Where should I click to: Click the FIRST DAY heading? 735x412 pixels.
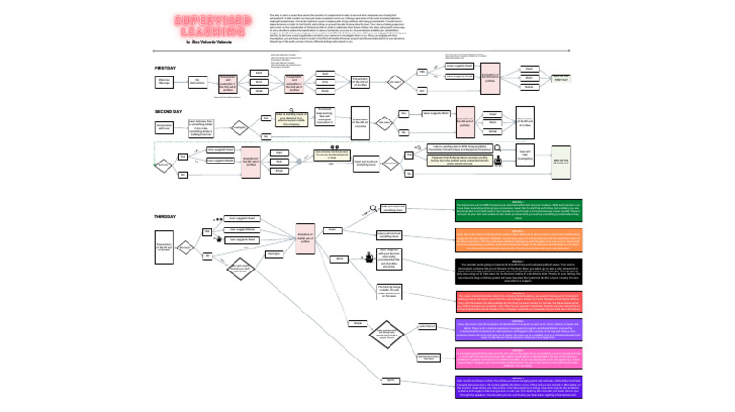click(166, 69)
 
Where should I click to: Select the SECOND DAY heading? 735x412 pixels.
click(168, 112)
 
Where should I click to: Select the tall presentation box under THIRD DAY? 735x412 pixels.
click(165, 251)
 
